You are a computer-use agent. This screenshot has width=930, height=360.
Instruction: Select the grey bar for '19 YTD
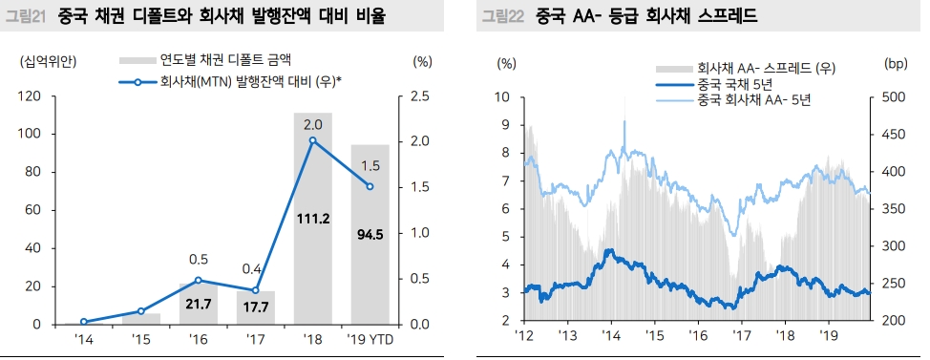[x=370, y=277]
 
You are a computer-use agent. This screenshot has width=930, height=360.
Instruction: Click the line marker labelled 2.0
[x=312, y=140]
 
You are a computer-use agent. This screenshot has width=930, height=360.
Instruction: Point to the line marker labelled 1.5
[x=370, y=186]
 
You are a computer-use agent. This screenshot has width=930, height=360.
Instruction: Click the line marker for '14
[x=84, y=322]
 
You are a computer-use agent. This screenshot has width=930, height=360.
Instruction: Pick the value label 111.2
[x=312, y=219]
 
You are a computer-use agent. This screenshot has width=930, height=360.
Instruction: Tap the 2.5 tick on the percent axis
[x=418, y=96]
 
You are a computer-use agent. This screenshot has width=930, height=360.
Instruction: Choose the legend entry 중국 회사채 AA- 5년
[x=754, y=99]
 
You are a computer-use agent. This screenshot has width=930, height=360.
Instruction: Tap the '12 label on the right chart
[x=524, y=336]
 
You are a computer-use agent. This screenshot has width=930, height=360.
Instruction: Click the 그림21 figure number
[x=26, y=16]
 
